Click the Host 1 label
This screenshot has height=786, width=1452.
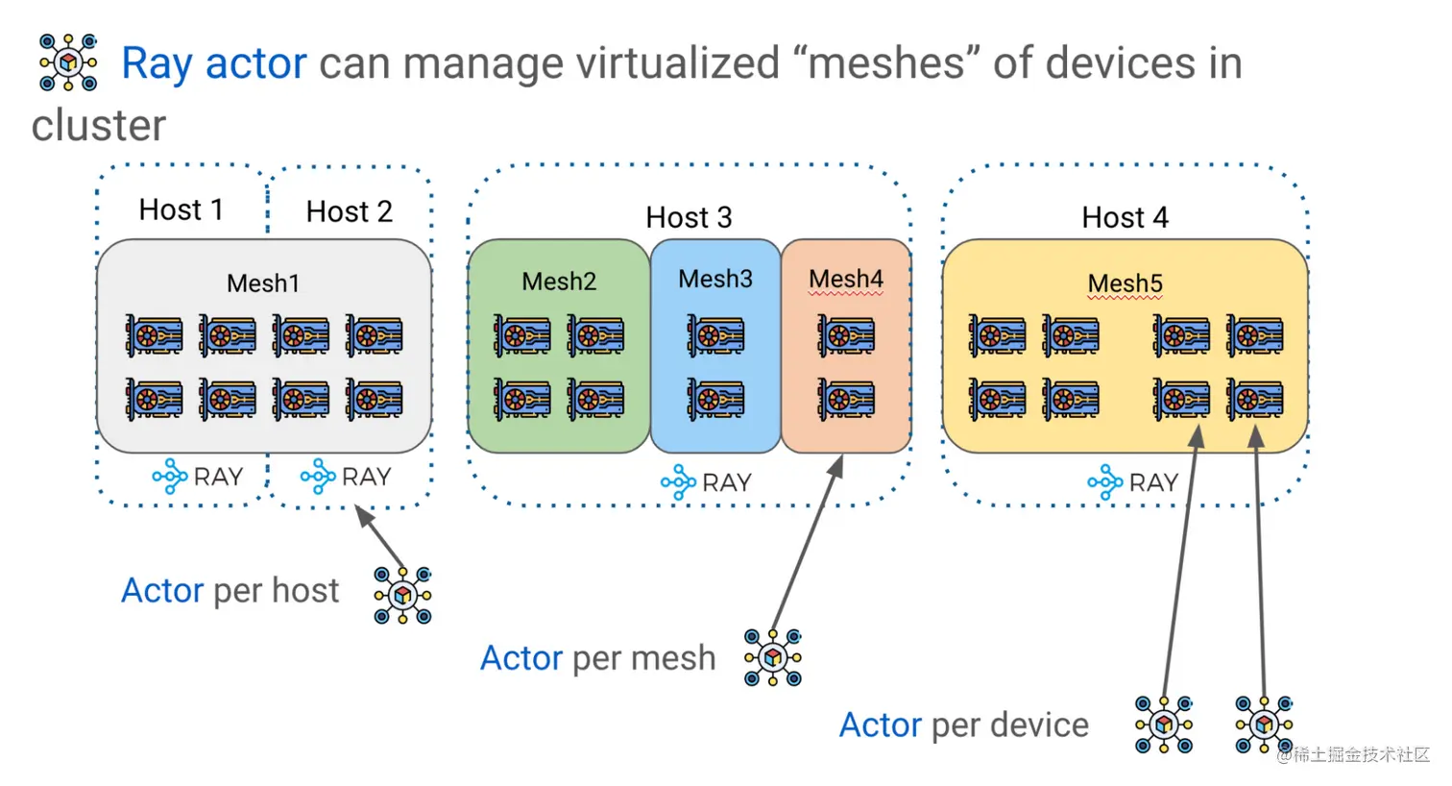(x=181, y=209)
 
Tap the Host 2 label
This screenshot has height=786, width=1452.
(x=349, y=211)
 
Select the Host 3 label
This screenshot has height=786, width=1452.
(x=689, y=217)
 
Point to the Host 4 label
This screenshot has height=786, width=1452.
(x=1125, y=217)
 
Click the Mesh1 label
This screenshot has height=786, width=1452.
(x=263, y=283)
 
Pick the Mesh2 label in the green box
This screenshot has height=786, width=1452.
(x=559, y=282)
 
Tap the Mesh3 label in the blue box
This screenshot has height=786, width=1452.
(x=715, y=279)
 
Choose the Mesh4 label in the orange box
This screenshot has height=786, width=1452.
(x=845, y=279)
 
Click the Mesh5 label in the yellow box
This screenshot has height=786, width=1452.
(x=1125, y=283)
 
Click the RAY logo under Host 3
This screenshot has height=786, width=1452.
(x=706, y=482)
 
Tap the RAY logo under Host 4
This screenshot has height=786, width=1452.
(x=1132, y=482)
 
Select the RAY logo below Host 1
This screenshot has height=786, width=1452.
(x=197, y=477)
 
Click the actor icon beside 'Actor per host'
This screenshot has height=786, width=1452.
(x=402, y=596)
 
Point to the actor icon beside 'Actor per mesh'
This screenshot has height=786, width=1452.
(x=773, y=657)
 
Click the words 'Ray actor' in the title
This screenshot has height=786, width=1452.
(x=213, y=63)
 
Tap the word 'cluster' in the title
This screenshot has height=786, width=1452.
(x=98, y=126)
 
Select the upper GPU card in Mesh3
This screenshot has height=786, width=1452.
(x=715, y=336)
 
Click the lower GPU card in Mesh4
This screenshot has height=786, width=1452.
(x=845, y=399)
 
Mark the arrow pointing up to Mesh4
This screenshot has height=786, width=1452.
(x=807, y=543)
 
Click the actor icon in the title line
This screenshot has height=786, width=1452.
(x=68, y=62)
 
